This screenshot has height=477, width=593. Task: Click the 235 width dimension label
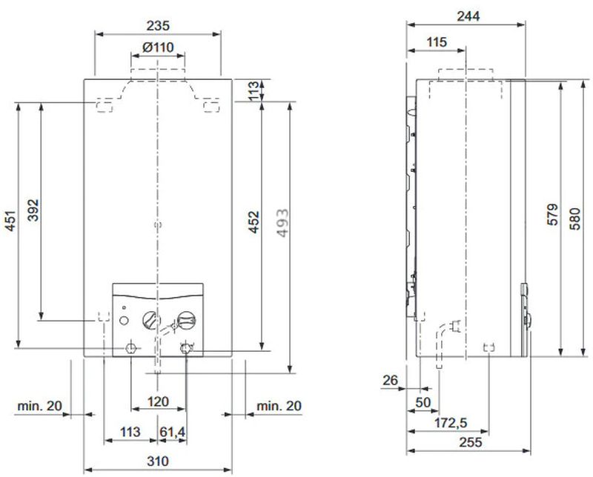(158, 26)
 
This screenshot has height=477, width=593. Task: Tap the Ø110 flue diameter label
(158, 47)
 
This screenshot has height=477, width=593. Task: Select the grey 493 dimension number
(282, 223)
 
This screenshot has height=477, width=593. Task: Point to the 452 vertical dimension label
(254, 222)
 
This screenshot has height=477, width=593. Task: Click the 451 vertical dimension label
(10, 221)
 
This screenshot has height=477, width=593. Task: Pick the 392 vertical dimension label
(33, 210)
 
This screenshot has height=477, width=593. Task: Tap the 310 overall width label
(158, 461)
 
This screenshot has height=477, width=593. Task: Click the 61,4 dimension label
(173, 432)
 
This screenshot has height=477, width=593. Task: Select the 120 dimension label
(158, 401)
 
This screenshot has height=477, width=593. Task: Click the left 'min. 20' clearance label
(39, 406)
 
